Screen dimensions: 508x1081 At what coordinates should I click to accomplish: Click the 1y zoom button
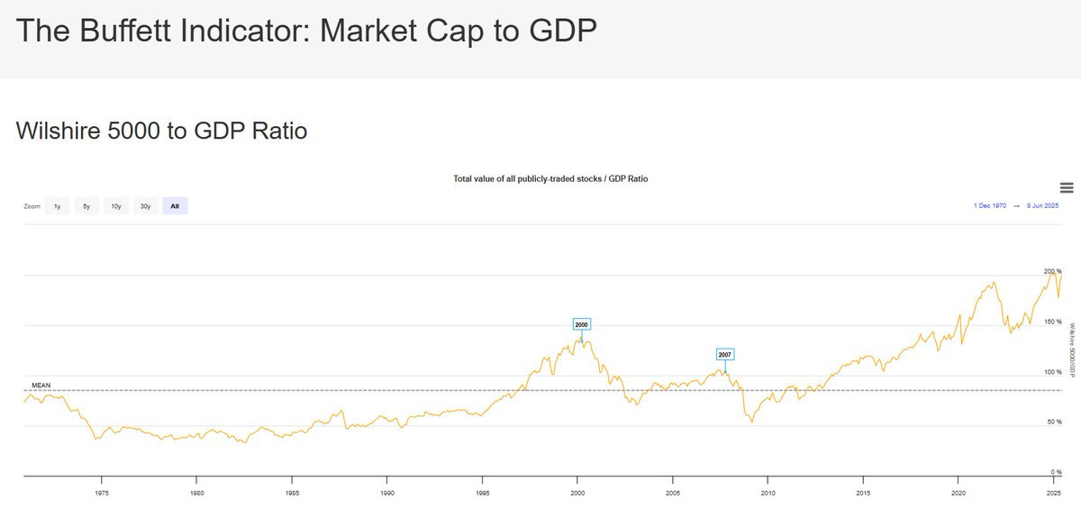click(57, 206)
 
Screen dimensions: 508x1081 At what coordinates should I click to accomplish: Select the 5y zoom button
click(86, 206)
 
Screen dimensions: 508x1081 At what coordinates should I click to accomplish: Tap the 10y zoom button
click(116, 206)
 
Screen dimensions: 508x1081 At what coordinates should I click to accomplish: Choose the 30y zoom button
click(145, 206)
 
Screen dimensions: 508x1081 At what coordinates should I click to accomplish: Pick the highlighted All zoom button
click(175, 206)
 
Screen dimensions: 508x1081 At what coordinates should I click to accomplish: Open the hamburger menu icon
click(1067, 187)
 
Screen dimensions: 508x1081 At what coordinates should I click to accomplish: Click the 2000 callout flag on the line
click(581, 324)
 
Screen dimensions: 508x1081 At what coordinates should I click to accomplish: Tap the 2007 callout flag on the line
click(725, 355)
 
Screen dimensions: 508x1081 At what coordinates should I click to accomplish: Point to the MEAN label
click(41, 386)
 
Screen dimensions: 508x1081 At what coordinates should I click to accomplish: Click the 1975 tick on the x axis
click(102, 493)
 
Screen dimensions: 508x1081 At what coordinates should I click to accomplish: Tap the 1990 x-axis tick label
click(387, 493)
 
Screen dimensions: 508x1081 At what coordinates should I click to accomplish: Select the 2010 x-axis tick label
click(768, 493)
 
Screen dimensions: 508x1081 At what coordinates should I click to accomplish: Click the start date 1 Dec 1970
click(990, 206)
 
